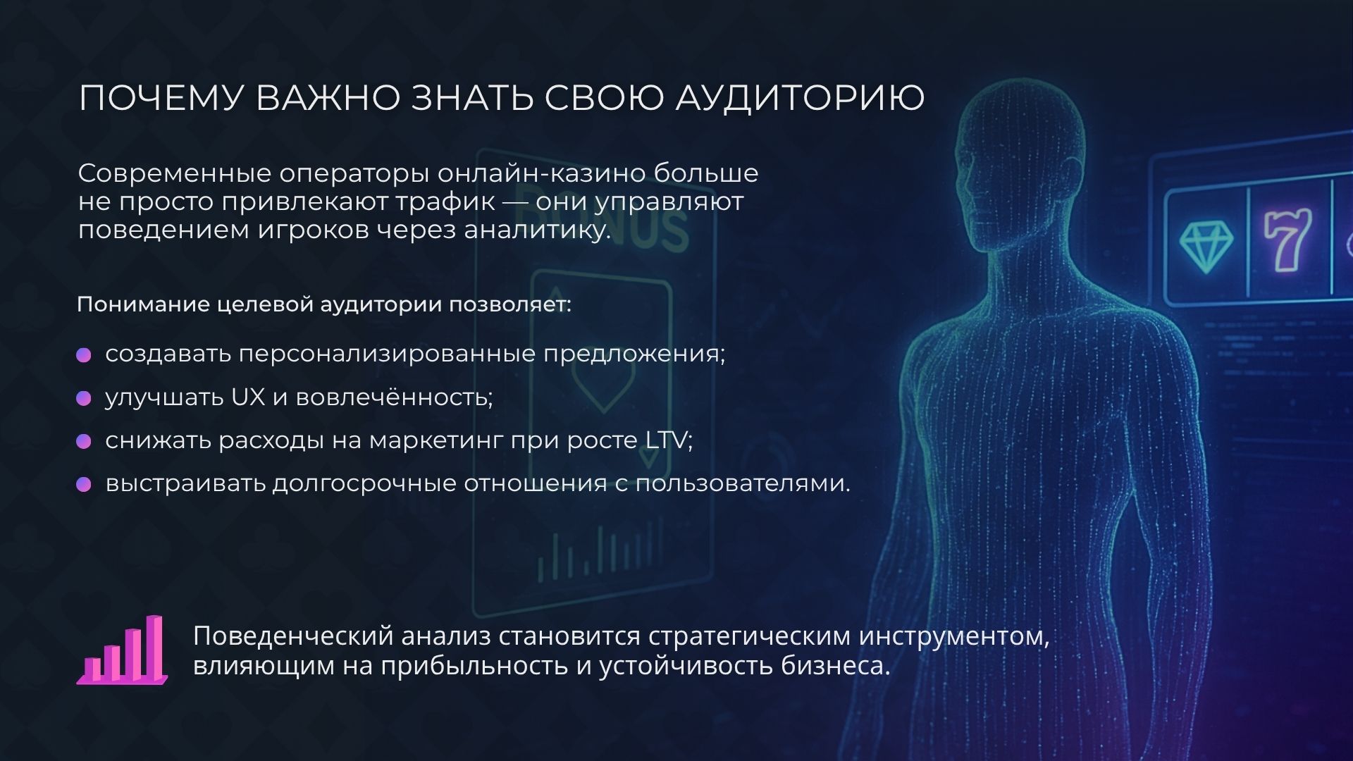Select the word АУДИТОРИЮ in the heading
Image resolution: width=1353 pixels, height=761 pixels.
pos(800,98)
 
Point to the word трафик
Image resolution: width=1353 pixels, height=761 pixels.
pos(445,202)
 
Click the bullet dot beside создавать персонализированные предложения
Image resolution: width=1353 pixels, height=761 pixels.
pos(84,354)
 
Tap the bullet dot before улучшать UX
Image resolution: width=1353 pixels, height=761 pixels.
pos(84,398)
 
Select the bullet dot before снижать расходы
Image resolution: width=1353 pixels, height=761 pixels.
pos(84,441)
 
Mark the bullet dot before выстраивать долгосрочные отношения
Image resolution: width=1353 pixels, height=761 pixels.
pos(84,484)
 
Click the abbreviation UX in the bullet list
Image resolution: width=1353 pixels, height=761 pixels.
pos(248,397)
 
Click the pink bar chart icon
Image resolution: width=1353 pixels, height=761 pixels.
pos(123,651)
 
